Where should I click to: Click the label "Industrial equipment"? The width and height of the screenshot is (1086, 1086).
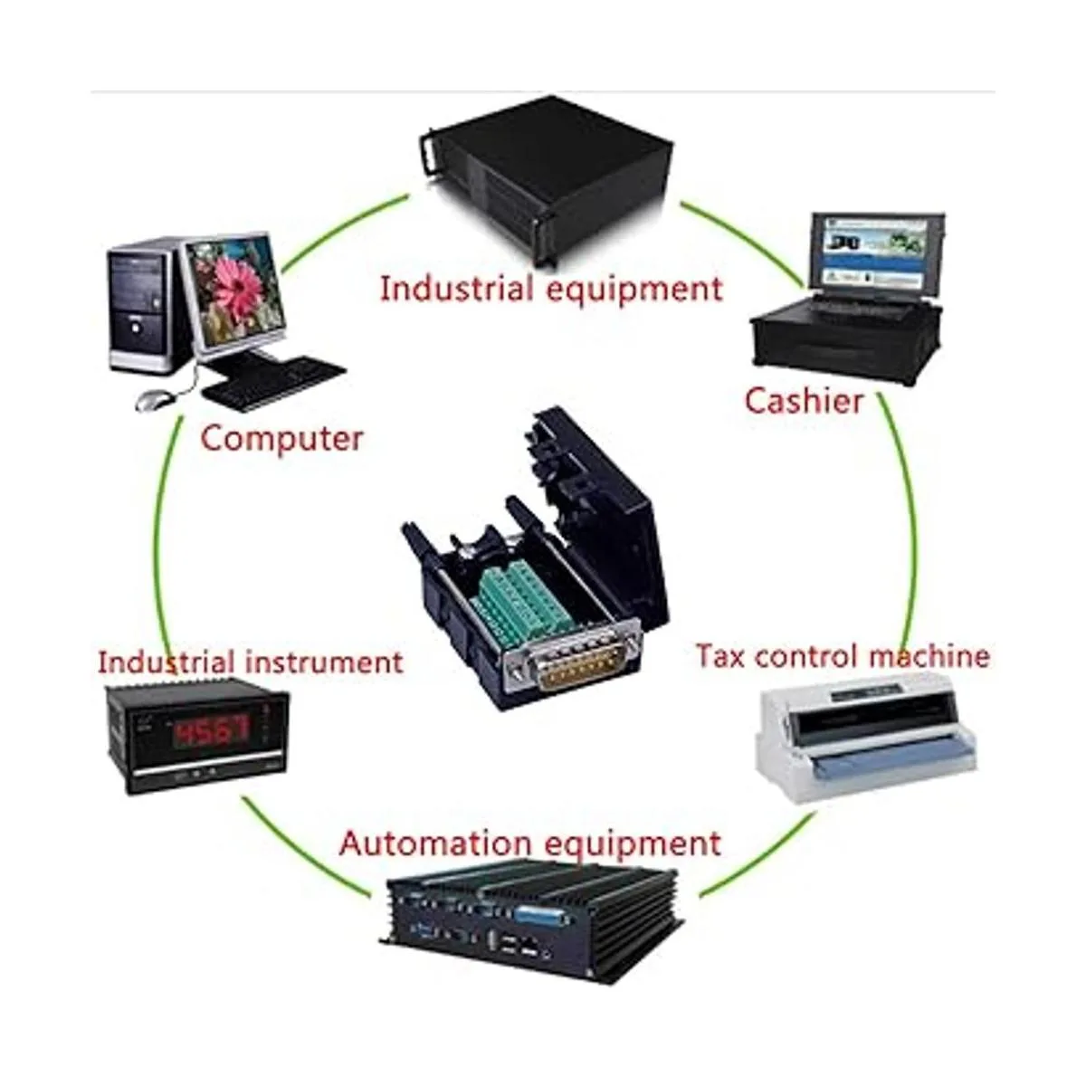click(551, 290)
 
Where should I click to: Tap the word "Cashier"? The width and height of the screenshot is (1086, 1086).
click(804, 399)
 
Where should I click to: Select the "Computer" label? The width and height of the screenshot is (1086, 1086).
click(281, 439)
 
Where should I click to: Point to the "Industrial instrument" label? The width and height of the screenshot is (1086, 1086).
click(250, 662)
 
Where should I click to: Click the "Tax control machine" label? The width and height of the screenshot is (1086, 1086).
click(843, 655)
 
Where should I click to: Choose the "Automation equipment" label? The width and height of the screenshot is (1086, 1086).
click(530, 843)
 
